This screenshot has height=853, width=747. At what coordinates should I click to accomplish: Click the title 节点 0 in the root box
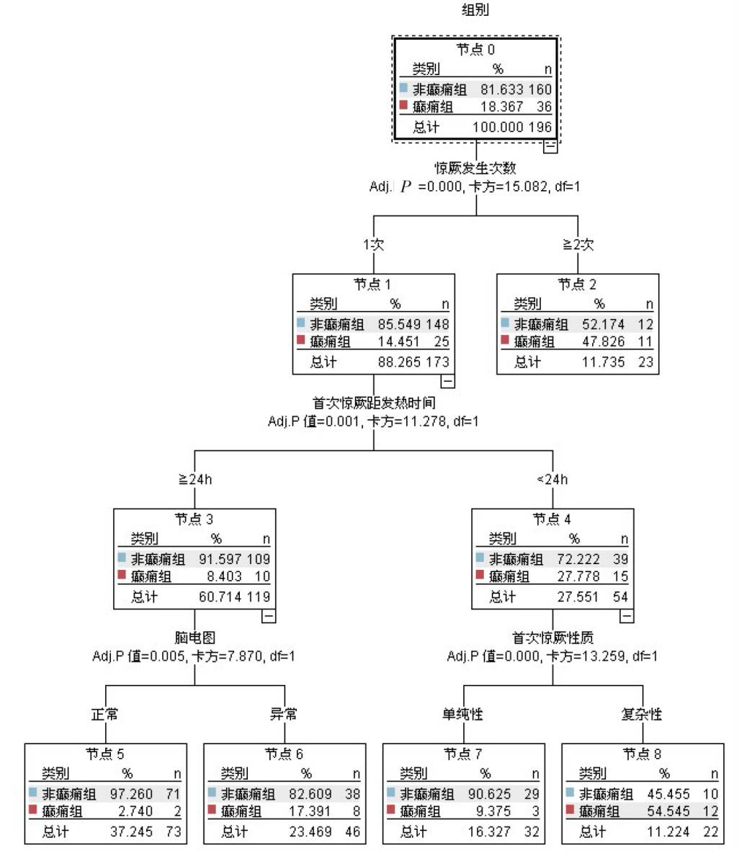tap(475, 50)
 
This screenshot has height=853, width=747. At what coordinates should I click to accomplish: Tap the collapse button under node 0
tap(550, 146)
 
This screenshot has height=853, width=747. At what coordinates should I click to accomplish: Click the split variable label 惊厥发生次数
tap(475, 168)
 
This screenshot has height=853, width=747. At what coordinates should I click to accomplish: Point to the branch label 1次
tap(373, 245)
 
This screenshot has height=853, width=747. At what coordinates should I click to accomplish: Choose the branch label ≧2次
tap(578, 245)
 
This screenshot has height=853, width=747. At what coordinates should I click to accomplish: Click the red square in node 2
tap(505, 341)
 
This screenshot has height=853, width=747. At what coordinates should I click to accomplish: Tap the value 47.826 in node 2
tap(603, 342)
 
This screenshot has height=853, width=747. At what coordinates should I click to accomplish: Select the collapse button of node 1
tap(447, 381)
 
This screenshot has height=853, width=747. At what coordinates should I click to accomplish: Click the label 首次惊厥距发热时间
tap(373, 403)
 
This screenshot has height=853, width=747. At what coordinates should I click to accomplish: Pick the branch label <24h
tap(553, 480)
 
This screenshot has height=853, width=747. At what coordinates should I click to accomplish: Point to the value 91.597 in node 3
tap(220, 559)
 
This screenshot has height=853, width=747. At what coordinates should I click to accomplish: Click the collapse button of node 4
tap(627, 616)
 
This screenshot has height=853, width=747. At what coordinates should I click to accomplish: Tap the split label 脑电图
tap(194, 638)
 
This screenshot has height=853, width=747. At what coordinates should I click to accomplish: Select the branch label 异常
tap(284, 715)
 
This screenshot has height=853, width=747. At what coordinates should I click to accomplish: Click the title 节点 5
tap(105, 754)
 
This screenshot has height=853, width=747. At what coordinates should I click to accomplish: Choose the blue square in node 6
tap(213, 792)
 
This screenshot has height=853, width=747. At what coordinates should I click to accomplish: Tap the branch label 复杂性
tap(641, 715)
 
